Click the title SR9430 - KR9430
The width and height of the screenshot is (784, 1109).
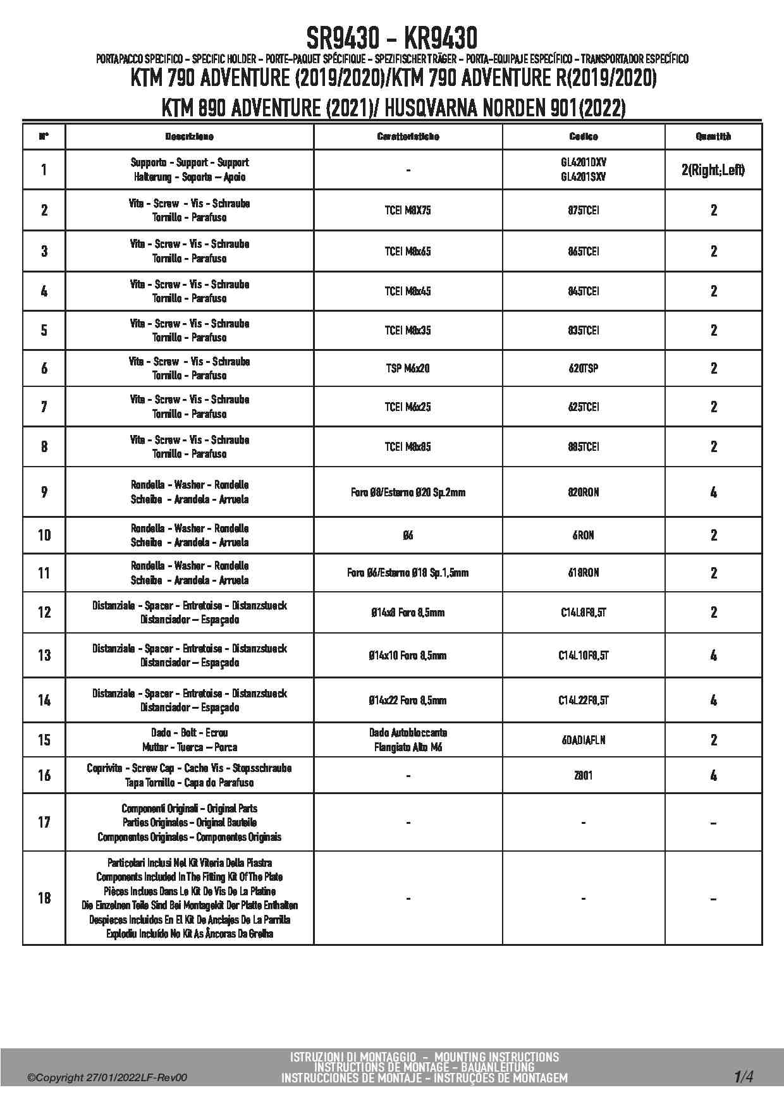click(x=391, y=38)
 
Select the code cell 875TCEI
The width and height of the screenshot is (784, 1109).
click(x=583, y=211)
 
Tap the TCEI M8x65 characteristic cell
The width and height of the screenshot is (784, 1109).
click(x=408, y=251)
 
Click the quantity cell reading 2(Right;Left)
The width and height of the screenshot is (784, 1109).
click(x=713, y=170)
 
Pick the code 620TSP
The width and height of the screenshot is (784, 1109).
click(x=583, y=368)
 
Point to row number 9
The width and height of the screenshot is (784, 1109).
click(x=44, y=492)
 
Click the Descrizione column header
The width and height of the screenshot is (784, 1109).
click(x=189, y=137)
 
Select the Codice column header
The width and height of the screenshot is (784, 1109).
click(x=583, y=137)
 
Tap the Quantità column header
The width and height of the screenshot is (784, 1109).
click(x=713, y=137)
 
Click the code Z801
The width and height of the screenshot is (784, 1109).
click(x=583, y=775)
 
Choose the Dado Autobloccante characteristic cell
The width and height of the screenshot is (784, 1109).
click(x=408, y=740)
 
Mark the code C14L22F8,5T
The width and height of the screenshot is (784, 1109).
click(x=583, y=700)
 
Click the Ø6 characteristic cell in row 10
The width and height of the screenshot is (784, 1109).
click(x=408, y=536)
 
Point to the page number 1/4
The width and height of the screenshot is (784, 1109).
click(x=744, y=1076)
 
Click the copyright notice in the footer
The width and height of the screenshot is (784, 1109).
click(x=107, y=1078)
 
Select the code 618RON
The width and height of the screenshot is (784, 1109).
click(x=583, y=573)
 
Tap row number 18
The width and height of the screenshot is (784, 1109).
click(x=44, y=898)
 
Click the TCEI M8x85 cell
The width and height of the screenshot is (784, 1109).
click(x=408, y=447)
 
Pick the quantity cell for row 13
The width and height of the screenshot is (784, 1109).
click(x=713, y=656)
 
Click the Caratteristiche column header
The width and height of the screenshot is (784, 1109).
click(x=408, y=137)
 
